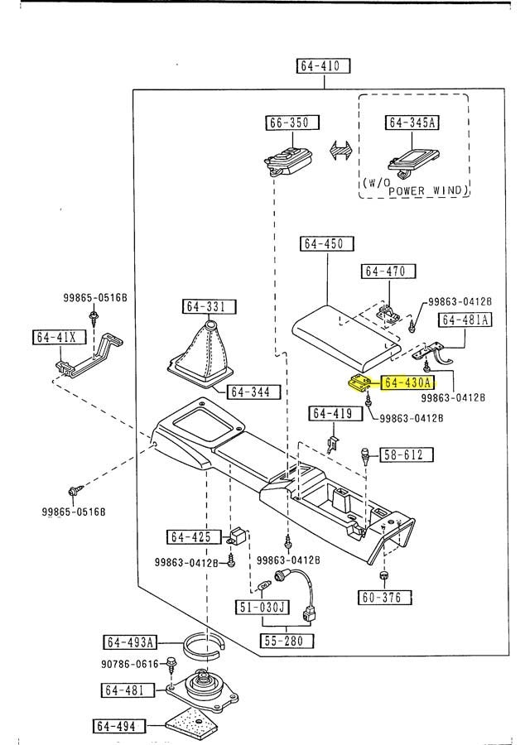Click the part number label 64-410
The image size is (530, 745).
[323, 66]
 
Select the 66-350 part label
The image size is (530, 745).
[287, 123]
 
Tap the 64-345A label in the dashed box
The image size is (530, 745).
[412, 123]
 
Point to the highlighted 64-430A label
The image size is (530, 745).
[407, 382]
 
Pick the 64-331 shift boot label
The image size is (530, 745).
[205, 307]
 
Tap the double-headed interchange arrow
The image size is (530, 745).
[341, 153]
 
